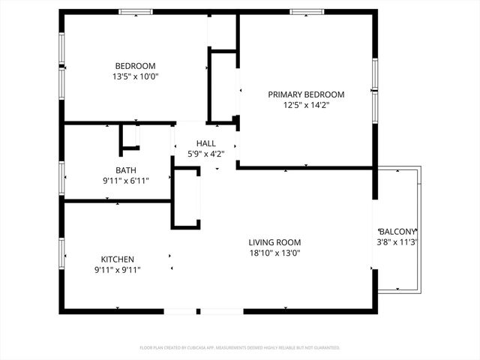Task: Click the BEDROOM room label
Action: tap(136, 65)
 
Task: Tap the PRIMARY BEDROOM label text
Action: tap(306, 94)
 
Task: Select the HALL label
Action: tap(205, 143)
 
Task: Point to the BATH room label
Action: tap(126, 170)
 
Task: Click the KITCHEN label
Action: tap(118, 259)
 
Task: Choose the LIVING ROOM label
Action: tap(274, 242)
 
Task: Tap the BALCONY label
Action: tap(397, 232)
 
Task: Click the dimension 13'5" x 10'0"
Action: tap(136, 76)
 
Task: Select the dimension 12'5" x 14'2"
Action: tap(306, 105)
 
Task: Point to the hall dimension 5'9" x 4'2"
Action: tap(205, 154)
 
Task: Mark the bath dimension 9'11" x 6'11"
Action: tap(126, 181)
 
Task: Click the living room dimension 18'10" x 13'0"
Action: tap(274, 253)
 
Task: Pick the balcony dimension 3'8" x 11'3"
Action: tap(397, 242)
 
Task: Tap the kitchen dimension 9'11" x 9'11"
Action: tap(118, 269)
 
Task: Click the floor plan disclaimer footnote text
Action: tap(240, 348)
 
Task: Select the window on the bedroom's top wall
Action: tap(136, 12)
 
